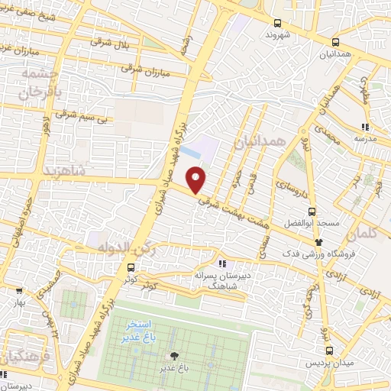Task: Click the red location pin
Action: click(x=196, y=181)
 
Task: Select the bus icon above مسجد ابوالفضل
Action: click(x=311, y=212)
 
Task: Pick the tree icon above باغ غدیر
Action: click(x=175, y=355)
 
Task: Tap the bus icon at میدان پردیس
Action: click(x=329, y=351)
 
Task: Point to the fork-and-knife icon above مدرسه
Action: click(x=365, y=126)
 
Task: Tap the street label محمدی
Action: click(x=329, y=137)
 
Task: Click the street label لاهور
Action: click(x=47, y=126)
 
